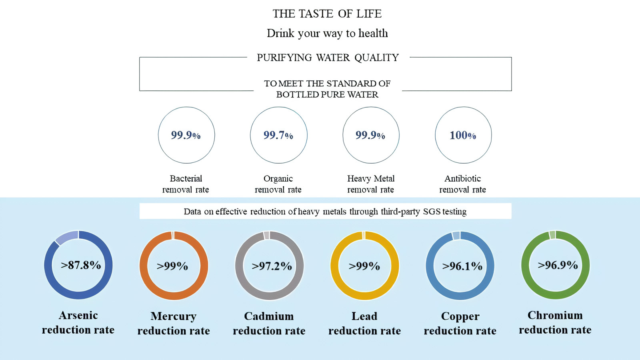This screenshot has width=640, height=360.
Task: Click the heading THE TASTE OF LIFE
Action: coord(327,14)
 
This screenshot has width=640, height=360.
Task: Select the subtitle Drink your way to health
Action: coord(328,33)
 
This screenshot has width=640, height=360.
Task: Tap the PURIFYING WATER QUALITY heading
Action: coord(328,58)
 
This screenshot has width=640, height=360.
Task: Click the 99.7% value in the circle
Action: coord(278,135)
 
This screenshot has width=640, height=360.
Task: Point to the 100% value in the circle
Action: coord(463,135)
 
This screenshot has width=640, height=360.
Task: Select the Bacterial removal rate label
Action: coord(186,184)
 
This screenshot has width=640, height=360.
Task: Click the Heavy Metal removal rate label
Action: coord(370,184)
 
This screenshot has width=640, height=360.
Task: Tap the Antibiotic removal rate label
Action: coord(462,184)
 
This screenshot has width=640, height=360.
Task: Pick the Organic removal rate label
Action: coord(278,184)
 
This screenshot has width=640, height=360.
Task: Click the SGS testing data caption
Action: coord(325,212)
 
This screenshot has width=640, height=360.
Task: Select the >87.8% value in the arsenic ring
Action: coord(81,265)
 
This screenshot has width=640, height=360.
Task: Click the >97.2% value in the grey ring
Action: coord(272,266)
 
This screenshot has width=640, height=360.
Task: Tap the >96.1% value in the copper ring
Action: coord(462,266)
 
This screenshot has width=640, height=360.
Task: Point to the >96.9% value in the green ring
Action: coord(558,265)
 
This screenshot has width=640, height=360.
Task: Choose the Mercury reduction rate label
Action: coord(174,324)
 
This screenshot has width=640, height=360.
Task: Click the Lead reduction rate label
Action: coord(364,324)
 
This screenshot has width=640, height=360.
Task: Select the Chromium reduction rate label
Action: coord(555,322)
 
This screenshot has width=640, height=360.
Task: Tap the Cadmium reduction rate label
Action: coord(269,324)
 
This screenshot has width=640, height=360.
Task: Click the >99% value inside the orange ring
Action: coord(172,266)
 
